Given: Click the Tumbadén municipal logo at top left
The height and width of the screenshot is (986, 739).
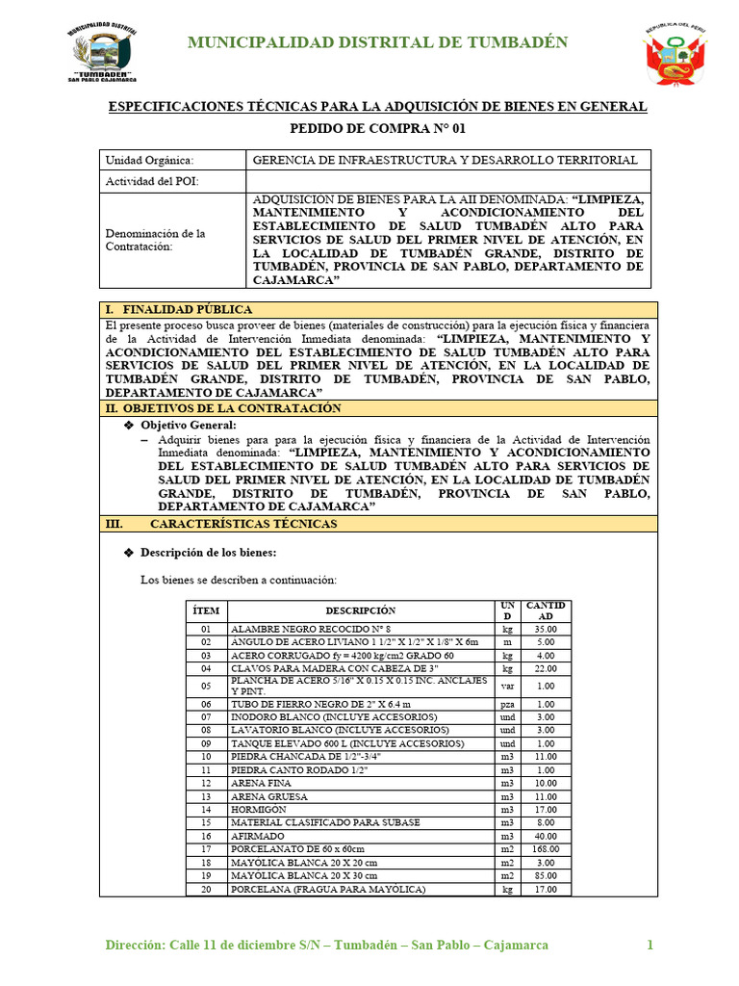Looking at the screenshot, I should click(x=102, y=51).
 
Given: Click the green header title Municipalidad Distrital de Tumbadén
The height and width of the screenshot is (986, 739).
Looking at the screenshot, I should click(x=377, y=42).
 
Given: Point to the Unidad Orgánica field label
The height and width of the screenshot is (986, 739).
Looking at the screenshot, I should click(x=149, y=160).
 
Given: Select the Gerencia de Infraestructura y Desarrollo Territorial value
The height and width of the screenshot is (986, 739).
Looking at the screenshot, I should click(x=444, y=160).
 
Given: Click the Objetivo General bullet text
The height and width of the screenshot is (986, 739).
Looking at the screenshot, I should click(x=188, y=425).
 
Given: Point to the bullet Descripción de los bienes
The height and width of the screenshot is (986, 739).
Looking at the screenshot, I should click(x=208, y=553).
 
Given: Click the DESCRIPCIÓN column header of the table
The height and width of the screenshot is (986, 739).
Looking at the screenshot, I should click(x=360, y=610).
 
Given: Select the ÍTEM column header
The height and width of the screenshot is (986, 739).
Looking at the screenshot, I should click(x=206, y=610).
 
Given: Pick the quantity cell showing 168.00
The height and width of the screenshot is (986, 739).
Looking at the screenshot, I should click(x=546, y=850).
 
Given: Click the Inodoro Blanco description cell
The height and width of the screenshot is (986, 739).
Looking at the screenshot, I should click(x=333, y=717).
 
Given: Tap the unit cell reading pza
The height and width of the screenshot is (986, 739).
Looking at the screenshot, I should click(x=507, y=705).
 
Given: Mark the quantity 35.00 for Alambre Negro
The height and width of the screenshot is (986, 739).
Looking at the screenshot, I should click(x=546, y=628).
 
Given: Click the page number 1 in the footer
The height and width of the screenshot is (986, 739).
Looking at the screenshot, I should click(x=650, y=946).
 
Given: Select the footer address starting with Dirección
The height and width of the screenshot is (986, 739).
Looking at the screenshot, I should click(x=326, y=946).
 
